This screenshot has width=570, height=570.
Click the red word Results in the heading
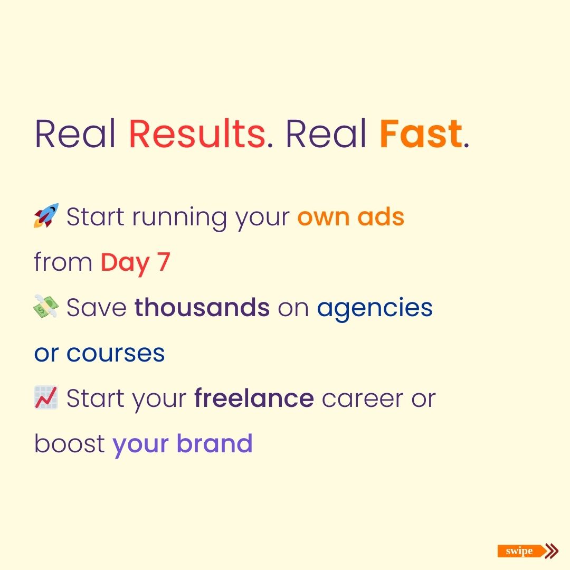[196, 134]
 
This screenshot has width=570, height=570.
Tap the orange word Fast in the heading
[421, 134]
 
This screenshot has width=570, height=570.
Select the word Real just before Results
[75, 134]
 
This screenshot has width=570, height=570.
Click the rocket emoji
[46, 216]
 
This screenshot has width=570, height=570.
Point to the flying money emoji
[46, 307]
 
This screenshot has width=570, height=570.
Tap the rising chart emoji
[46, 398]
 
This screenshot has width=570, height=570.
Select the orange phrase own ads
[351, 217]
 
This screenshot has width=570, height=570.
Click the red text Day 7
[136, 262]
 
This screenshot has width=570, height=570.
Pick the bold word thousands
[202, 308]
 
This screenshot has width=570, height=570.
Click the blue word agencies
[375, 308]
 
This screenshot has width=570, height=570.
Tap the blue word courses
[116, 353]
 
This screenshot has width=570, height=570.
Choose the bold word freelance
[254, 398]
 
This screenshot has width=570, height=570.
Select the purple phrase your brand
[183, 444]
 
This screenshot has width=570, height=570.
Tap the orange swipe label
[520, 552]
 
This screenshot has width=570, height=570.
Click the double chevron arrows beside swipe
[552, 552]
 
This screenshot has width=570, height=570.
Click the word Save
[97, 308]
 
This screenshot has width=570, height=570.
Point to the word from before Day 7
[63, 262]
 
